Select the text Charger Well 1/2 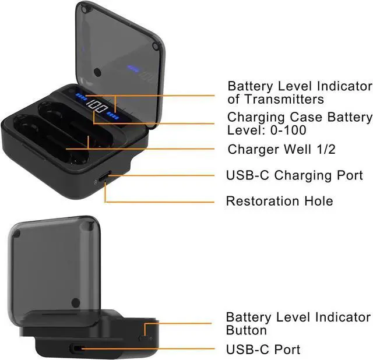click(281, 150)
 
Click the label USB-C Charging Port click(294, 175)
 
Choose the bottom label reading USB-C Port click(263, 350)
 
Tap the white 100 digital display click(97, 110)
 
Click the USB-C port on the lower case click(77, 349)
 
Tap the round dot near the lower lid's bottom click(75, 302)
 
